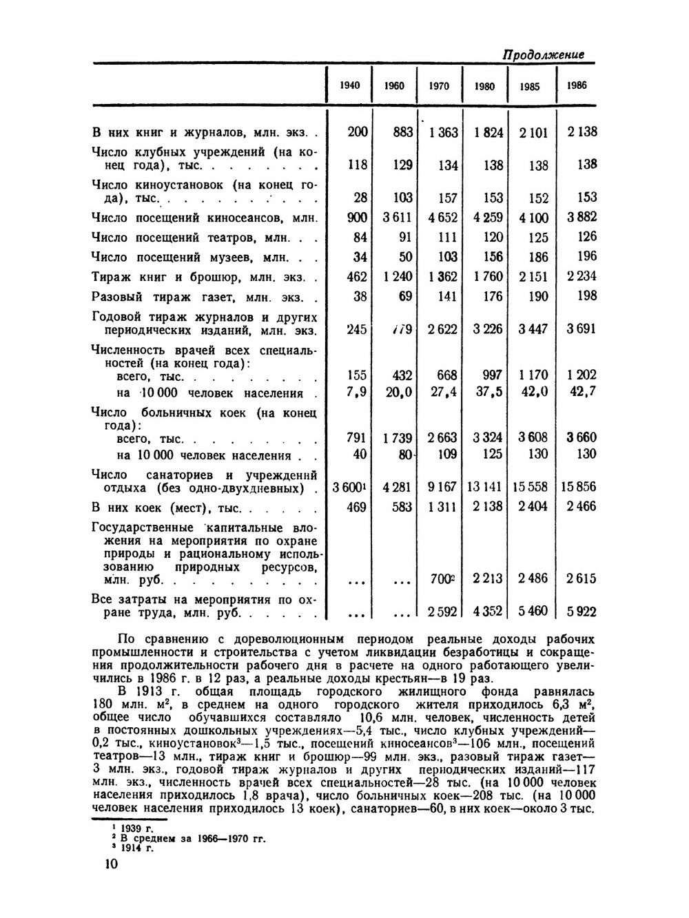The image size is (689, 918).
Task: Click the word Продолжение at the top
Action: tap(543, 54)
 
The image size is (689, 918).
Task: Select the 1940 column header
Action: tap(349, 85)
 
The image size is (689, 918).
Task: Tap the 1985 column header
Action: tap(530, 87)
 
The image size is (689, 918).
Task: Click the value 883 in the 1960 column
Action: tap(402, 132)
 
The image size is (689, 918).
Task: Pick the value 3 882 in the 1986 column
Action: tap(582, 217)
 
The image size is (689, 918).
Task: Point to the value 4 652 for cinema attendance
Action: tap(442, 218)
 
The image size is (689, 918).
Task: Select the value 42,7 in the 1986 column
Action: tap(582, 392)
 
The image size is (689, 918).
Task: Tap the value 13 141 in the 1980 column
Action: tap(485, 487)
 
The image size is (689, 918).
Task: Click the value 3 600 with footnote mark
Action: tap(349, 487)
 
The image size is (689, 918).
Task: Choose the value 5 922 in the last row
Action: tap(582, 611)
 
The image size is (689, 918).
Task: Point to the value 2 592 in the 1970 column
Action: tap(442, 611)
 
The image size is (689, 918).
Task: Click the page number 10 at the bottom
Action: tap(101, 865)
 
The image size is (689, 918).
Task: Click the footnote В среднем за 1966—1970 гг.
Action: tap(193, 838)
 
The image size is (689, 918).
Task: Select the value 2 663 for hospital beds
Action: tap(442, 438)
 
